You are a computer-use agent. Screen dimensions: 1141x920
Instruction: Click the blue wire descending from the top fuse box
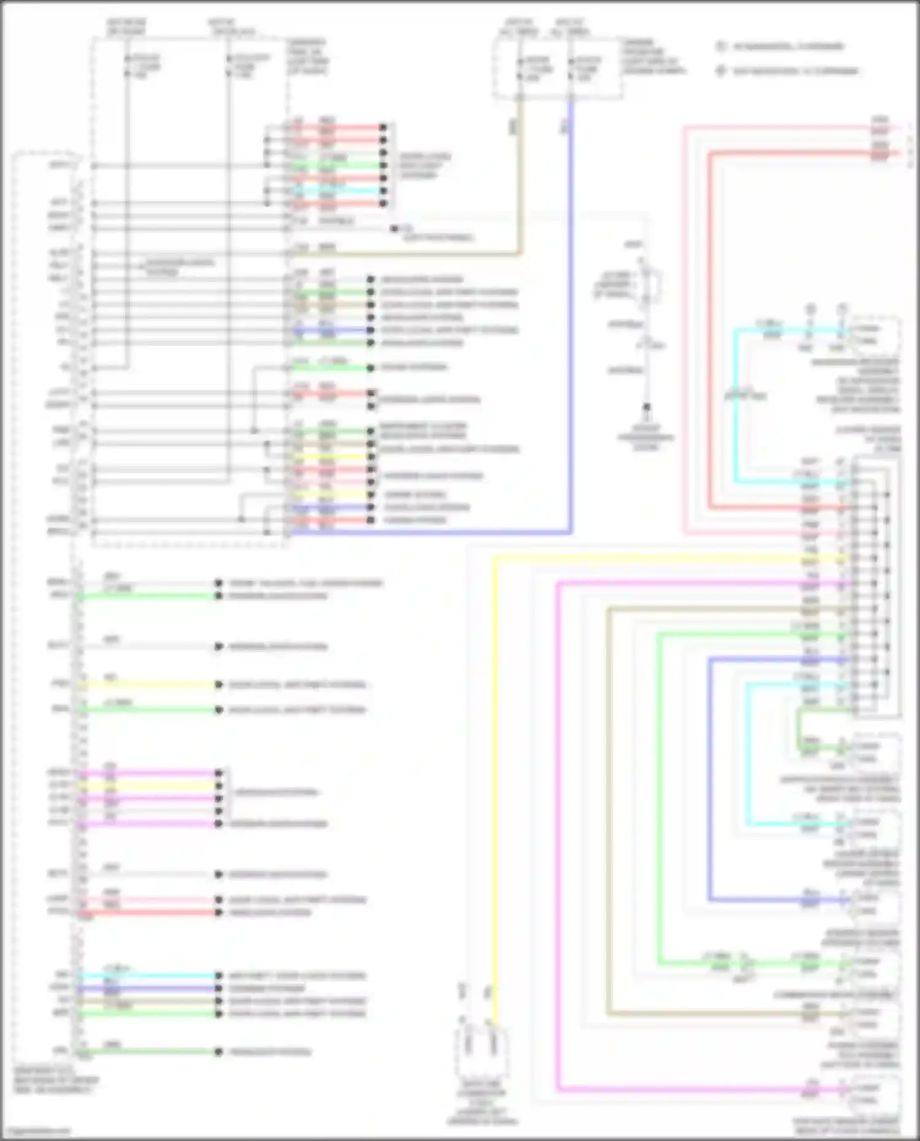[571, 307]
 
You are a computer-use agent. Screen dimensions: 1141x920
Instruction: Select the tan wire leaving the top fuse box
[520, 184]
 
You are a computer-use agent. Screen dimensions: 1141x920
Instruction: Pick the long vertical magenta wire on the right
[558, 828]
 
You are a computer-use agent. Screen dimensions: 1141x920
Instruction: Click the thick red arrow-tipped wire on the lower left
[147, 913]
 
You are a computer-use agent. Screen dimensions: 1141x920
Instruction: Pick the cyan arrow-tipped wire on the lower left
[147, 975]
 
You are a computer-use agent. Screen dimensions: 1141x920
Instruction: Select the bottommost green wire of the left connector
[147, 1052]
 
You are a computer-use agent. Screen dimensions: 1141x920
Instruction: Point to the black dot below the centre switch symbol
[646, 406]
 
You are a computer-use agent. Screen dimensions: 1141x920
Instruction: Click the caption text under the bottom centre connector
[482, 1107]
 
